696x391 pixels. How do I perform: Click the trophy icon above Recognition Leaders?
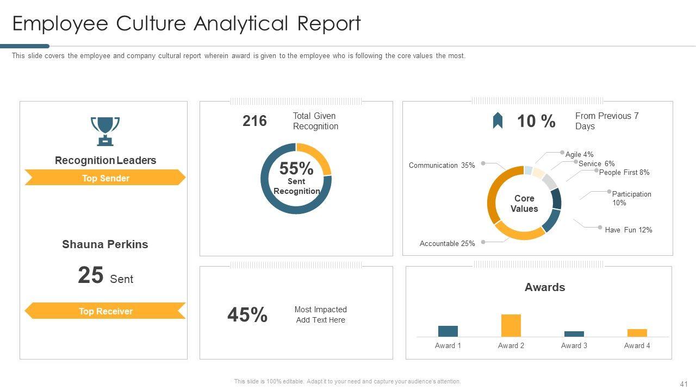pyautogui.click(x=105, y=131)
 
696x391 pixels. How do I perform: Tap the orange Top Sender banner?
pyautogui.click(x=105, y=178)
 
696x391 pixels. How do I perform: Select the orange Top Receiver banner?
pyautogui.click(x=105, y=311)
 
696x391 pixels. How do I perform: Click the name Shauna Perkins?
pyautogui.click(x=105, y=244)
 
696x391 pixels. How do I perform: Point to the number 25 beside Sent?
pyautogui.click(x=90, y=275)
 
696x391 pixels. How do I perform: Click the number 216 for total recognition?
pyautogui.click(x=254, y=121)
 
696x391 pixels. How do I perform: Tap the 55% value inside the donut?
pyautogui.click(x=296, y=169)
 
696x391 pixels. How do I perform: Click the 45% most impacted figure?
pyautogui.click(x=247, y=315)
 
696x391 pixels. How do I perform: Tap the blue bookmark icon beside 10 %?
pyautogui.click(x=498, y=121)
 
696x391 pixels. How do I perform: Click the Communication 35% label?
pyautogui.click(x=442, y=166)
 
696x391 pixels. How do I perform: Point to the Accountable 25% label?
pyautogui.click(x=447, y=244)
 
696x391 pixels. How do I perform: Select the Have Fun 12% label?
pyautogui.click(x=628, y=230)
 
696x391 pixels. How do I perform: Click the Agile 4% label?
pyautogui.click(x=579, y=155)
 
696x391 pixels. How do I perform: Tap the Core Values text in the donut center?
pyautogui.click(x=524, y=204)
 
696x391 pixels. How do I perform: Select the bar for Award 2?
pyautogui.click(x=511, y=325)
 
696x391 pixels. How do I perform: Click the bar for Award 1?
pyautogui.click(x=448, y=331)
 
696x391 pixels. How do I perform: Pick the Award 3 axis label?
pyautogui.click(x=574, y=346)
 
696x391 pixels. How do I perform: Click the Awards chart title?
pyautogui.click(x=544, y=288)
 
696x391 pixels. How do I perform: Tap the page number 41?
pyautogui.click(x=684, y=383)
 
